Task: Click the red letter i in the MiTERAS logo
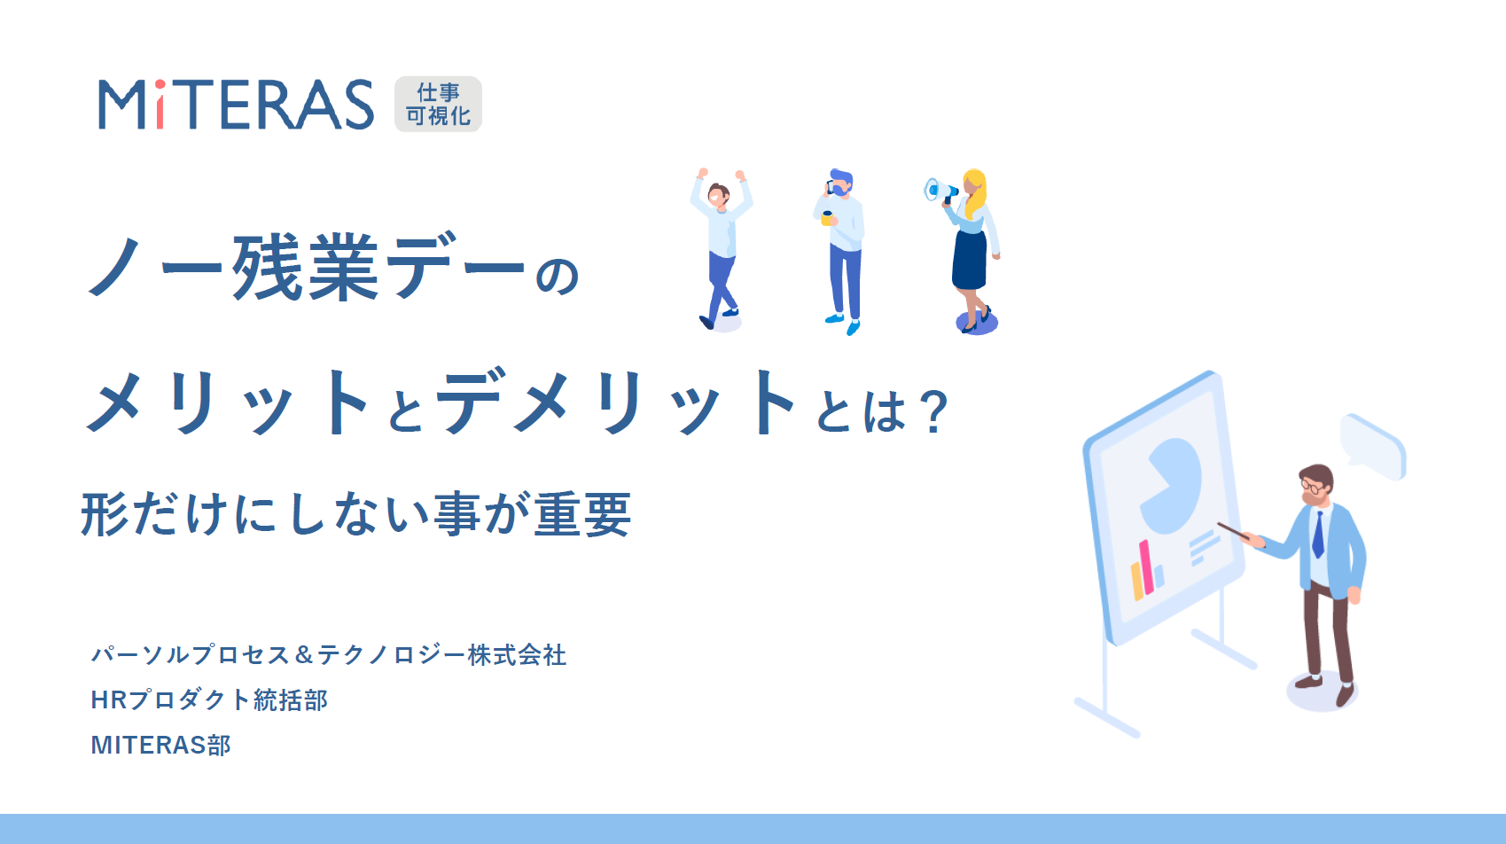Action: click(160, 105)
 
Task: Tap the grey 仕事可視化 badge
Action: click(438, 104)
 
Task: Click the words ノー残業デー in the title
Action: click(307, 267)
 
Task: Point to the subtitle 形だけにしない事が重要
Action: click(355, 514)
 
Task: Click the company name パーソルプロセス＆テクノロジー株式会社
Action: click(329, 654)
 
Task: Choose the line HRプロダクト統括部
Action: click(209, 700)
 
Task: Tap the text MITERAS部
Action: click(160, 745)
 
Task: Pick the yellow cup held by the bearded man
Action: click(827, 218)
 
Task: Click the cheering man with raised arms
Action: click(721, 249)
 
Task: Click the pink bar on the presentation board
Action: click(1146, 567)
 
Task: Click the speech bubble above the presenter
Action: click(1373, 447)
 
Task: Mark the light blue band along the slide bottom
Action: click(753, 829)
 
